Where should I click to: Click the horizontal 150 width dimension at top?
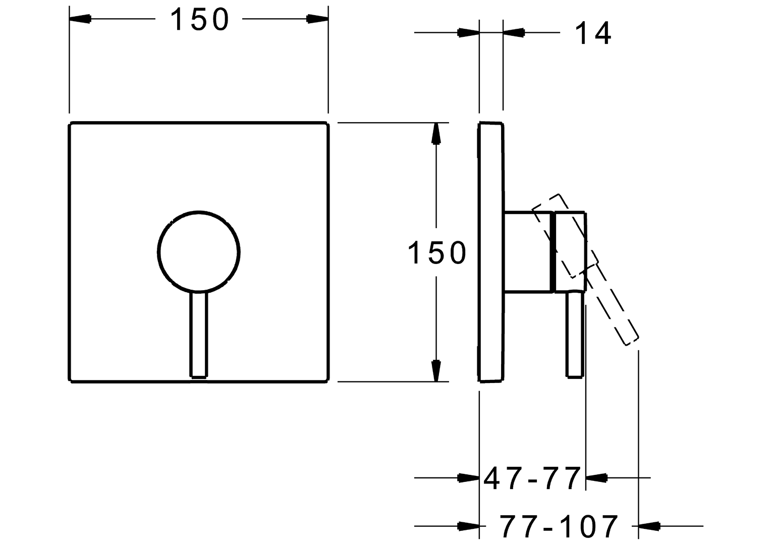(x=199, y=20)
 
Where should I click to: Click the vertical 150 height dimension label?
(x=437, y=252)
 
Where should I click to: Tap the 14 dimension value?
(x=593, y=33)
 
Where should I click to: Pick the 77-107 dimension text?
(x=559, y=526)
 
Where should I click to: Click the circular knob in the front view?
(x=199, y=251)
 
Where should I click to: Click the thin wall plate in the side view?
(x=491, y=251)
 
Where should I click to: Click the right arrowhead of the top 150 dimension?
(x=317, y=19)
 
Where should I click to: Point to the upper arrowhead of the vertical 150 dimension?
(x=436, y=134)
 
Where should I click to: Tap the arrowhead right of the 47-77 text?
(x=596, y=477)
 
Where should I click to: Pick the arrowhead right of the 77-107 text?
(x=649, y=526)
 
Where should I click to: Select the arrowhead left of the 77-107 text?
(x=468, y=526)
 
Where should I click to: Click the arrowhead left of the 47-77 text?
(x=468, y=477)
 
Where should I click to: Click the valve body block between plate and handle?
(x=528, y=251)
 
